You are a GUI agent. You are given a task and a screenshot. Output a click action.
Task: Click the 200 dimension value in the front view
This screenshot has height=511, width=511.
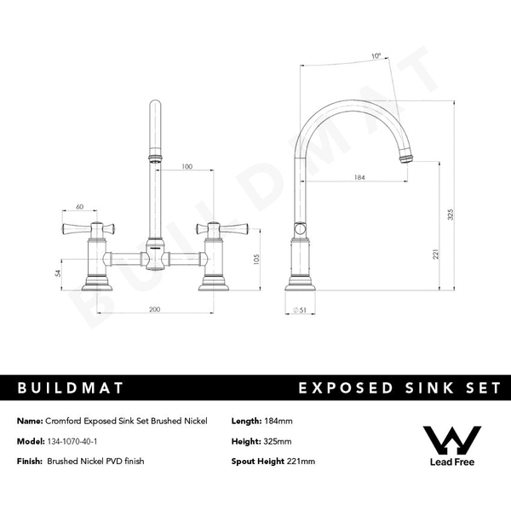(155, 310)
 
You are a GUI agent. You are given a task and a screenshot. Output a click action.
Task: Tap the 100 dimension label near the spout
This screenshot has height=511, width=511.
(187, 167)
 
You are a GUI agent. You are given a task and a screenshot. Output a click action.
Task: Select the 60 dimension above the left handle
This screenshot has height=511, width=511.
(80, 207)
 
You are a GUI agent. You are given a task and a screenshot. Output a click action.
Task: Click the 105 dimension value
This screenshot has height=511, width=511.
(256, 259)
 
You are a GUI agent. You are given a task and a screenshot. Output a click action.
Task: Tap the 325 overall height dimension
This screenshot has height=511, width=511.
(450, 216)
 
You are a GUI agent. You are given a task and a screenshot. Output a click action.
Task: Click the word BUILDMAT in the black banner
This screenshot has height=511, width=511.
(71, 388)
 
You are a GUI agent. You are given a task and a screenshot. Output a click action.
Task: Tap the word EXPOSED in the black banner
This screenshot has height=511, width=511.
(341, 388)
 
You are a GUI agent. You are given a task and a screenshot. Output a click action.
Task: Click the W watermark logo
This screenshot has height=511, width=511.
(452, 439)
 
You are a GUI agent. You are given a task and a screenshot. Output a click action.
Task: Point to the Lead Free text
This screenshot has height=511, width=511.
(452, 463)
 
